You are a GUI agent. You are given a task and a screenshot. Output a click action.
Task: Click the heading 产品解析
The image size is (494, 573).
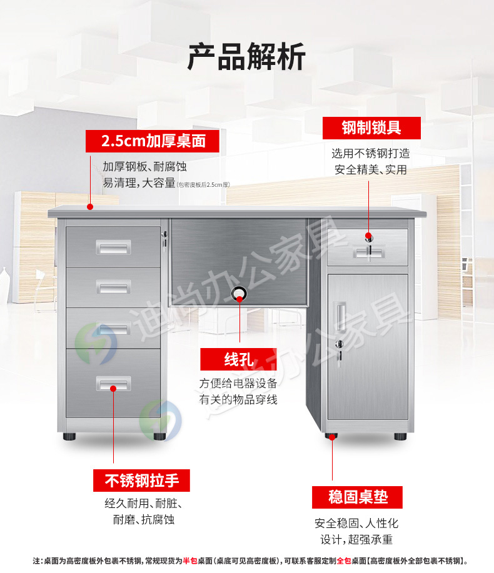coord(246,57)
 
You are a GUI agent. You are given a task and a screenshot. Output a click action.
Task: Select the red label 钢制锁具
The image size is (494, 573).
coord(371,128)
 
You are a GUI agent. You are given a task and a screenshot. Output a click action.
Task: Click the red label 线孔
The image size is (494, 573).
coord(238,359)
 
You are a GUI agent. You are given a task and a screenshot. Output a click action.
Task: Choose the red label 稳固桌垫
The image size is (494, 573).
coord(358,497)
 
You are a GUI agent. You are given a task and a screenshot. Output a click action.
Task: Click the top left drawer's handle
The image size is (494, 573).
coord(113,248)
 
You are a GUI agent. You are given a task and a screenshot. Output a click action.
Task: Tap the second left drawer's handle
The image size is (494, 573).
coord(113,287)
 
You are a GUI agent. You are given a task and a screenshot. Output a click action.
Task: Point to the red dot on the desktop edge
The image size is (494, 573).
coord(90,207)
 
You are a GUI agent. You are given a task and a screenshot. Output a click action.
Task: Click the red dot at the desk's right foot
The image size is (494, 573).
coord(331,438)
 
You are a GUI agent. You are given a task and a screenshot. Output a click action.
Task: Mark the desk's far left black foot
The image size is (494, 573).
coord(69,435)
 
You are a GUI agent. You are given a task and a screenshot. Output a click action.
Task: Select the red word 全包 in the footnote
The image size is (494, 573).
coord(343,561)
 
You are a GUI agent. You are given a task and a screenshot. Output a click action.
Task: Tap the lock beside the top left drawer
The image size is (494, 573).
coord(165,237)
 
